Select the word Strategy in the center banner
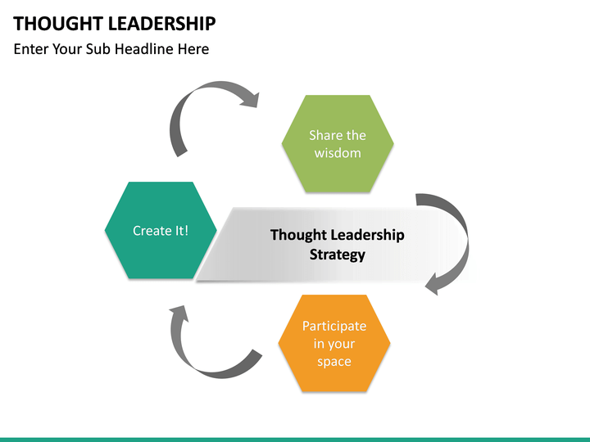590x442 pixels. [x=337, y=255]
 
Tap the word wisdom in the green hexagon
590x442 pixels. [x=337, y=153]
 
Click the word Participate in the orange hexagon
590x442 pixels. [x=334, y=326]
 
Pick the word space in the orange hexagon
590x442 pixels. [x=334, y=362]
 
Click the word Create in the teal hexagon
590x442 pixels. [x=152, y=231]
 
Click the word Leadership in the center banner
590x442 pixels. [x=367, y=235]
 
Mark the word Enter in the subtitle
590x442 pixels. [x=32, y=49]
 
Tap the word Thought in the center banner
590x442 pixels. [x=297, y=235]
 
